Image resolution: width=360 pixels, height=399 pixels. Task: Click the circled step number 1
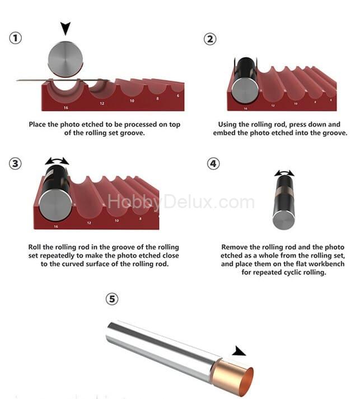pyautogui.click(x=16, y=38)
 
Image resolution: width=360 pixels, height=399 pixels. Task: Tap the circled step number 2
pyautogui.click(x=210, y=39)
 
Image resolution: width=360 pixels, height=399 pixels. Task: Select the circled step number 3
pyautogui.click(x=15, y=163)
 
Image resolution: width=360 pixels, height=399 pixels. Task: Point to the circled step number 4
pyautogui.click(x=213, y=163)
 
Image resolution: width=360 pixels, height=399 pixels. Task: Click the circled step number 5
pyautogui.click(x=112, y=299)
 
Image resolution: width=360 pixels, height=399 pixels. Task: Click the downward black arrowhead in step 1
pyautogui.click(x=66, y=28)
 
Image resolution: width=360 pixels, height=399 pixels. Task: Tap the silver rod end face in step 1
pyautogui.click(x=66, y=59)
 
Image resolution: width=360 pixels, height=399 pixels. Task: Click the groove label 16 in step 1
pyautogui.click(x=66, y=107)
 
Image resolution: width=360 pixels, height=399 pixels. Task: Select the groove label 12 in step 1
pyautogui.click(x=102, y=104)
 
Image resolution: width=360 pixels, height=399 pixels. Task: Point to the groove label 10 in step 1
pyautogui.click(x=132, y=101)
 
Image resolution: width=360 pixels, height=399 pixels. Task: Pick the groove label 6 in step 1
pyautogui.click(x=178, y=96)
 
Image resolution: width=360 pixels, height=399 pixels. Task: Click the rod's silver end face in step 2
pyautogui.click(x=245, y=91)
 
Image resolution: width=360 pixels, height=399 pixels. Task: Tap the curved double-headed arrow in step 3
pyautogui.click(x=57, y=160)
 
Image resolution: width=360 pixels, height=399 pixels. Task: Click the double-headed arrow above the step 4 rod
pyautogui.click(x=284, y=172)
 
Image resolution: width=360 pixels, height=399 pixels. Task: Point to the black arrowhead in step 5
pyautogui.click(x=239, y=351)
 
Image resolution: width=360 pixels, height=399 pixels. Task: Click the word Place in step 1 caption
pyautogui.click(x=38, y=124)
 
